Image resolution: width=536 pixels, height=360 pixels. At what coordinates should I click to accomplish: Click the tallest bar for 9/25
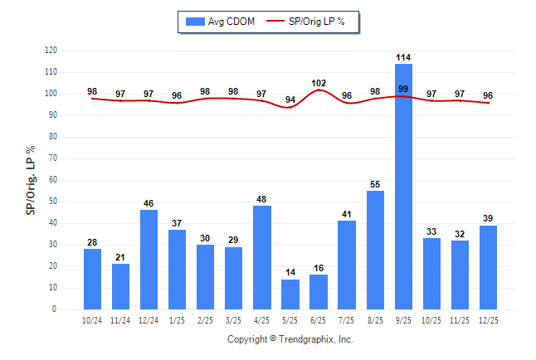(403, 187)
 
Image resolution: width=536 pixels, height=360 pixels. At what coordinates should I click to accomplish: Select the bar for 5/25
(290, 294)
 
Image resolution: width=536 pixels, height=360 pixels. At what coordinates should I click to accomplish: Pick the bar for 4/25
(262, 257)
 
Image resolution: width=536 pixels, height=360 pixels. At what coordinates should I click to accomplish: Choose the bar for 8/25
(375, 250)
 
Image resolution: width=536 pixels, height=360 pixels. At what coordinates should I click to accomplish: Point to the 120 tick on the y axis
(51, 51)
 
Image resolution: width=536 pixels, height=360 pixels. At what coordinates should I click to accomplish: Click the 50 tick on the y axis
(52, 202)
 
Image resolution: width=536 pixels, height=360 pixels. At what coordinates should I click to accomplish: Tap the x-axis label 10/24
(92, 320)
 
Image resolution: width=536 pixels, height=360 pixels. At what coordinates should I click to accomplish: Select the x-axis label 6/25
(319, 320)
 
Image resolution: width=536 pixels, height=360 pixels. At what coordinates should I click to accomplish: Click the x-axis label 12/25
(488, 320)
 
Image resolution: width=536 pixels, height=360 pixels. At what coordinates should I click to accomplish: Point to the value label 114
(403, 57)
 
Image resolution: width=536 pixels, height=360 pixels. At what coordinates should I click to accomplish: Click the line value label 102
(319, 83)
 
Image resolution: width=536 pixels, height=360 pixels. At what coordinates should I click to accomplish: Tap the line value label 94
(290, 100)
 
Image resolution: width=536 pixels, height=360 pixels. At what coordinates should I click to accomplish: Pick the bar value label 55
(375, 184)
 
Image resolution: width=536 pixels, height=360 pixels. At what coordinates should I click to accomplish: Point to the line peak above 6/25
(319, 90)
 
